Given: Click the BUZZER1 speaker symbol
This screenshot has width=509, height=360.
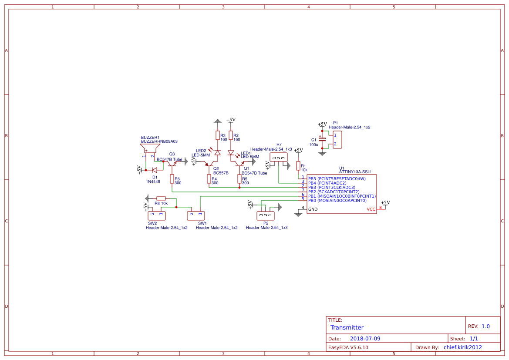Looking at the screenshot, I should tap(148, 149).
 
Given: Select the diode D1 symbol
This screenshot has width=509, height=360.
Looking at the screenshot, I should tap(154, 170).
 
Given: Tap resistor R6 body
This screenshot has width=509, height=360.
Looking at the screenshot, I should tap(172, 178).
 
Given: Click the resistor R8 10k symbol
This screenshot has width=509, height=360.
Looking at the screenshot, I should tap(161, 198).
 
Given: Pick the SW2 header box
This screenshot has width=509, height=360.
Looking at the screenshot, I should tap(157, 215).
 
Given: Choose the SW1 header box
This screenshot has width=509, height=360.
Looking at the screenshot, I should tap(196, 215).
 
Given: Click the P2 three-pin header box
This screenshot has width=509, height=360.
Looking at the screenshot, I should tap(266, 215).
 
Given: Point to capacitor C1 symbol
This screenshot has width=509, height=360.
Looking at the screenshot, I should tap(322, 139).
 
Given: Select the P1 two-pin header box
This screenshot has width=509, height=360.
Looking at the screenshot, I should tap(337, 140).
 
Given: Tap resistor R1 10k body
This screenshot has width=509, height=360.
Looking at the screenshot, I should tap(298, 166).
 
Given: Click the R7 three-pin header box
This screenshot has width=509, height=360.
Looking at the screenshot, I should tap(279, 158).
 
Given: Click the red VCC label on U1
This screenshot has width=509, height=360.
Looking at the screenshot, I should tap(371, 209).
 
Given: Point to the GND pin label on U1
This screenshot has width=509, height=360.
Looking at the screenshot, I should tap(313, 209).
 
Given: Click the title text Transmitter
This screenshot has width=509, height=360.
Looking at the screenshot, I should tap(347, 328).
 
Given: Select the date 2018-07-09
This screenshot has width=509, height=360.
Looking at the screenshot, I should tap(365, 339).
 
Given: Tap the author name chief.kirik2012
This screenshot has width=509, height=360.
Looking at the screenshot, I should tap(462, 347).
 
